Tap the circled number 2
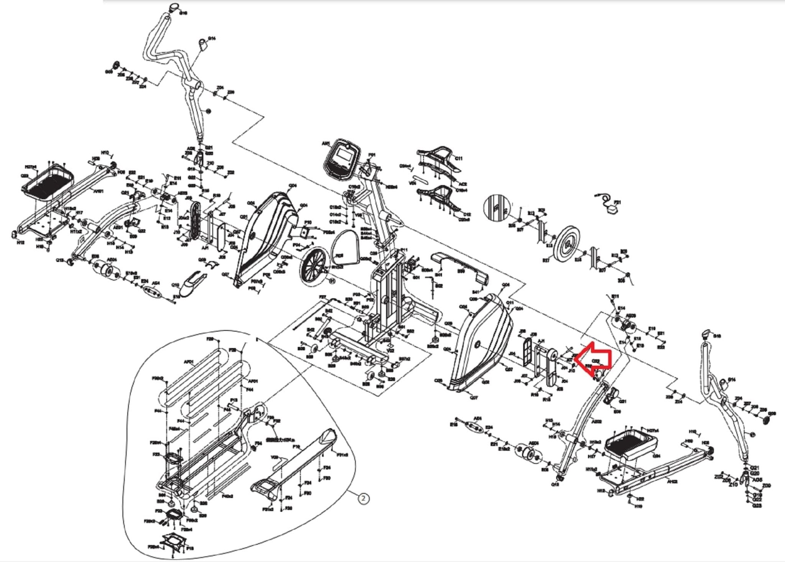click(364, 499)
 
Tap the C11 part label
click(459, 158)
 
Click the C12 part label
click(467, 214)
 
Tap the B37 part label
click(546, 261)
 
